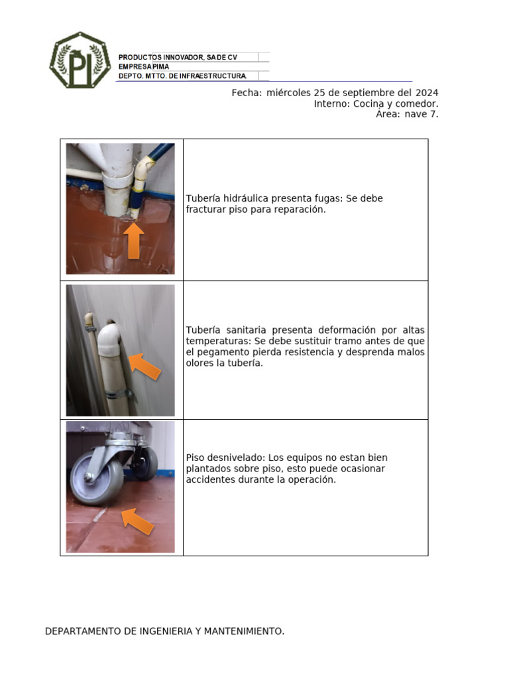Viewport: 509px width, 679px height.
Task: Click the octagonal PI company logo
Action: [x=80, y=60]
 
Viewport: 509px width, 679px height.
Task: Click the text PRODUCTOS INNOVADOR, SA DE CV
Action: [x=178, y=58]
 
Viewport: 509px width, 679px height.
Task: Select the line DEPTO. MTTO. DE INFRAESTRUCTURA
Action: [x=182, y=76]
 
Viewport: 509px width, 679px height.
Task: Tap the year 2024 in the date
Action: [x=427, y=93]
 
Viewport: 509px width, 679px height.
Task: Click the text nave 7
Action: [x=422, y=114]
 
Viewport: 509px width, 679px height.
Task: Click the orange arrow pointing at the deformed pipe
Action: [x=145, y=366]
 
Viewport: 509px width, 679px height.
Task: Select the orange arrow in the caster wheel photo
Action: [x=138, y=521]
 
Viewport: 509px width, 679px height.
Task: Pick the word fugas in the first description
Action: [x=328, y=198]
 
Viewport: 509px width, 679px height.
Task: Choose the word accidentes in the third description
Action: [x=209, y=479]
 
